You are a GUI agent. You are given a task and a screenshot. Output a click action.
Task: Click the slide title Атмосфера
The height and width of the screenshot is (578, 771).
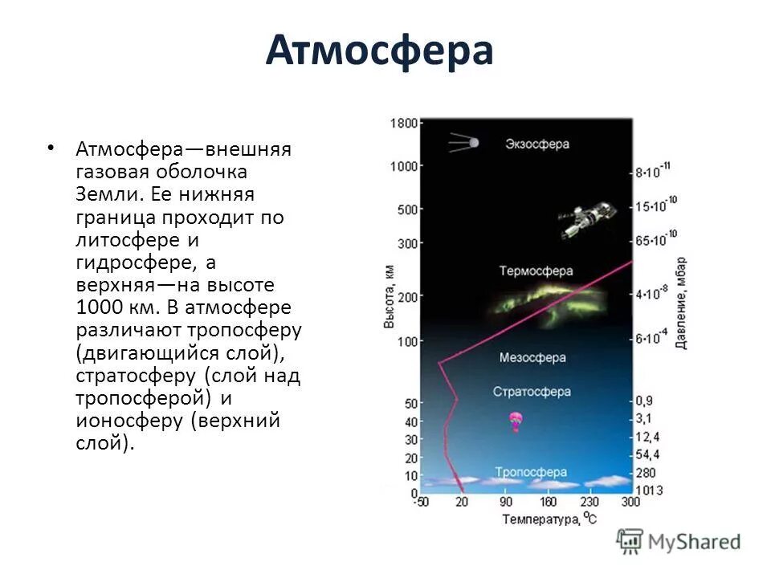tap(378, 51)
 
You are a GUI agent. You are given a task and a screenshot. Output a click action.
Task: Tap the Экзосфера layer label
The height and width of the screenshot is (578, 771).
tap(537, 144)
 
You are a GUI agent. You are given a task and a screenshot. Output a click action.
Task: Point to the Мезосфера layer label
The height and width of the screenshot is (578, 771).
tap(532, 357)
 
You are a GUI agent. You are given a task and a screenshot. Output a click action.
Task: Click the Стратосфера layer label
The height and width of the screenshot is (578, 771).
tap(532, 392)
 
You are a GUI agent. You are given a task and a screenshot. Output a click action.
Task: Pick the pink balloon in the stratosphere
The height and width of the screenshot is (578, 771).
tap(515, 421)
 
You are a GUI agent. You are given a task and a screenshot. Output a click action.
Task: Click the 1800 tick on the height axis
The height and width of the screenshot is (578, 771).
tap(403, 124)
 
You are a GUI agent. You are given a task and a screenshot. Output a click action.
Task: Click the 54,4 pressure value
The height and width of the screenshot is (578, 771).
tap(648, 454)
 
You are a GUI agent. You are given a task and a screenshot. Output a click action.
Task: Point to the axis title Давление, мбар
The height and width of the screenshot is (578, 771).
tap(681, 302)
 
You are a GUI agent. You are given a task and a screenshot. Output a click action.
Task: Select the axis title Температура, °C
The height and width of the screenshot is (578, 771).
tap(549, 519)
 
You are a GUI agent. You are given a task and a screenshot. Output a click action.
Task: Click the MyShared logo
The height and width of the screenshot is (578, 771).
tap(679, 541)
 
